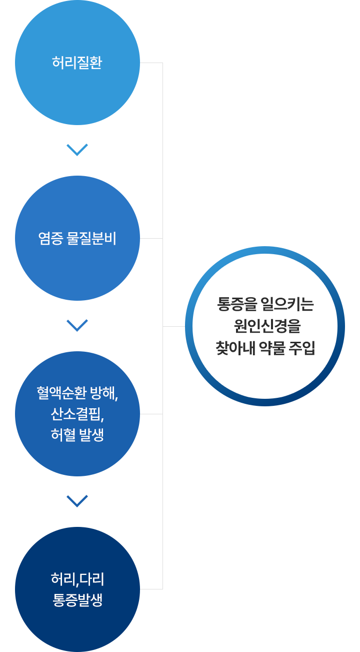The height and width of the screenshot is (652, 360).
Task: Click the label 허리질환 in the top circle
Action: click(x=77, y=63)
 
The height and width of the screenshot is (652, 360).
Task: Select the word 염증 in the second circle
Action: click(x=50, y=238)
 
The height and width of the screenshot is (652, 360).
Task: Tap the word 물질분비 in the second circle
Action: click(x=91, y=238)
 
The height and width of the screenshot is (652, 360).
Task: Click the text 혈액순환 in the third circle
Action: click(x=61, y=393)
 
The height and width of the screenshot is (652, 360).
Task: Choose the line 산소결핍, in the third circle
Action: click(x=77, y=414)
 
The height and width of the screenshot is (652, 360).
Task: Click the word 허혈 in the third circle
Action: click(x=63, y=435)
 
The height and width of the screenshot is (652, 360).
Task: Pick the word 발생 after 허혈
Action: click(x=91, y=435)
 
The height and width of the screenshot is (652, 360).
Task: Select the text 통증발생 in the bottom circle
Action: click(x=77, y=600)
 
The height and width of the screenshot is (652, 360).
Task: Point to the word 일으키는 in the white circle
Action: click(x=287, y=304)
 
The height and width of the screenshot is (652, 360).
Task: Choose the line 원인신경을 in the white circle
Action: click(x=267, y=326)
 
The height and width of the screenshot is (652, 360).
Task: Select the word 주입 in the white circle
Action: click(x=302, y=348)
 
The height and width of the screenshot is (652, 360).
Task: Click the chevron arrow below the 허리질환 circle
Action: click(x=77, y=150)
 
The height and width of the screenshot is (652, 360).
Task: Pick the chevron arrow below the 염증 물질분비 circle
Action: click(x=77, y=326)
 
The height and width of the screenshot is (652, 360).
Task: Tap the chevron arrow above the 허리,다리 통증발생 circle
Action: click(x=77, y=501)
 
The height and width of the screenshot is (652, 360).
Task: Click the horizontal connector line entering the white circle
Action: click(x=174, y=326)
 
